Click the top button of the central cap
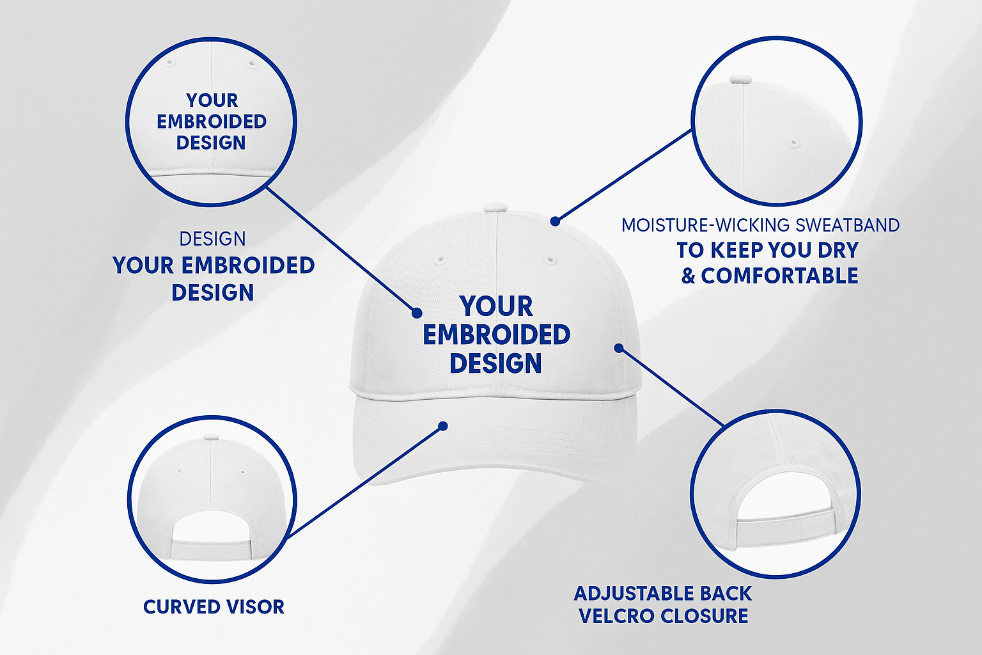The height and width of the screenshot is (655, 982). (x=496, y=208)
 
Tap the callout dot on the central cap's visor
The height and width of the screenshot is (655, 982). (x=443, y=426)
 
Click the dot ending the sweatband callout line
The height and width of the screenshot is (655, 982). (x=555, y=221)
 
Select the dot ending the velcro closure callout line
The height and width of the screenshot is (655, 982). (x=619, y=348)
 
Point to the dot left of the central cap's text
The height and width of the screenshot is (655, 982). (x=416, y=313)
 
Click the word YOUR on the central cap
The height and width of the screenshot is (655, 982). (x=496, y=306)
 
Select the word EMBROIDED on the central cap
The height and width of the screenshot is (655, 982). (x=496, y=335)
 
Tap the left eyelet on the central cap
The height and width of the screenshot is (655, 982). (x=439, y=259)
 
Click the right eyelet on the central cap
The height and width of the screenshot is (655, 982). (x=550, y=259)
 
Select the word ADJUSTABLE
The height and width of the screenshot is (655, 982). (x=635, y=594)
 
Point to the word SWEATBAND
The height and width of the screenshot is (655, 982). (x=847, y=225)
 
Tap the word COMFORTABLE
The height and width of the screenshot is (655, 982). (x=779, y=276)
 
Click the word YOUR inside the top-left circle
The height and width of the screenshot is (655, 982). (x=212, y=100)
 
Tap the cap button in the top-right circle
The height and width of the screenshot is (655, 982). (x=740, y=80)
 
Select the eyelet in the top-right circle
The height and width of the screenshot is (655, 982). (x=794, y=143)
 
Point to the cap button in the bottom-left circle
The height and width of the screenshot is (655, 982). (x=212, y=437)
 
